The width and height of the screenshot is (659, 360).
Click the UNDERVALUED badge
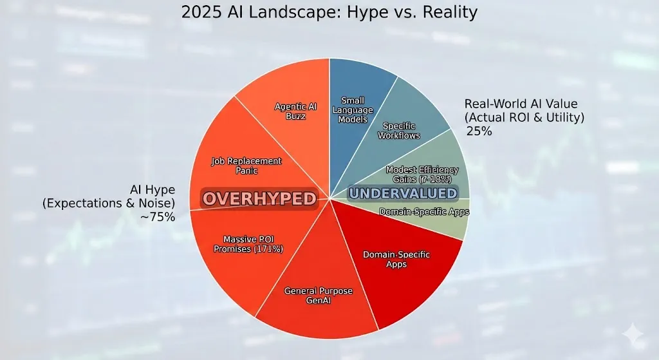pyautogui.click(x=402, y=193)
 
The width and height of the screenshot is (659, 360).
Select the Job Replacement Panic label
pyautogui.click(x=246, y=166)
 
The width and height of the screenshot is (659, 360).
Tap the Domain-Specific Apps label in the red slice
pyautogui.click(x=396, y=260)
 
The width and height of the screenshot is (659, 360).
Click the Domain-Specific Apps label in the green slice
pyautogui.click(x=423, y=211)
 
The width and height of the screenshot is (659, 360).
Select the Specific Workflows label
pyautogui.click(x=399, y=131)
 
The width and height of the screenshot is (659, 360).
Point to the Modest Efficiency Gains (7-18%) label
pyautogui.click(x=422, y=174)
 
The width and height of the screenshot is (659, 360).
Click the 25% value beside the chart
pyautogui.click(x=479, y=131)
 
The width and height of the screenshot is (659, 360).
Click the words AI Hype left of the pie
pyautogui.click(x=153, y=190)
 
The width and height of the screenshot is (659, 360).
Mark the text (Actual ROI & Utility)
pyautogui.click(x=524, y=117)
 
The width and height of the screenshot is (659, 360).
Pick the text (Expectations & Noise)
pyautogui.click(x=108, y=204)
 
